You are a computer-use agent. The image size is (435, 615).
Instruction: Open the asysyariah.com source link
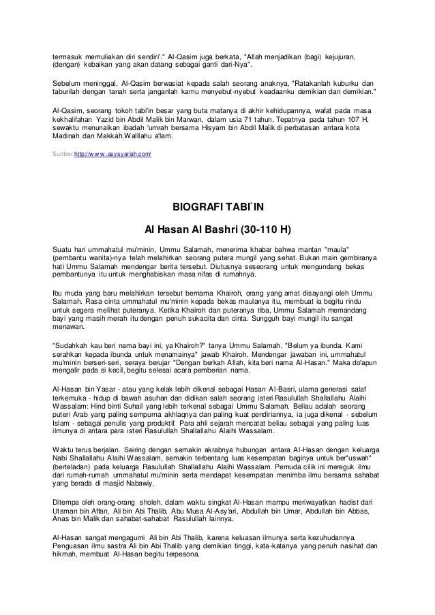point(113,155)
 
